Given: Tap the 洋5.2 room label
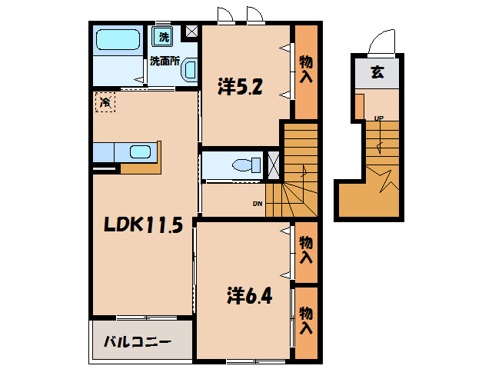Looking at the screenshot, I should click(240, 88).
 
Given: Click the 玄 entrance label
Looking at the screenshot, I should click(377, 75).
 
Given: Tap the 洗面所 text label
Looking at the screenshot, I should click(165, 61).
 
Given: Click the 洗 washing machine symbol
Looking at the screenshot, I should click(163, 36).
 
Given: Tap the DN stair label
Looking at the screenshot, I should click(258, 204).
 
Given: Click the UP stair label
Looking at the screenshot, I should click(378, 118).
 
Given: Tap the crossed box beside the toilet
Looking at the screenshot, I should click(273, 165).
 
